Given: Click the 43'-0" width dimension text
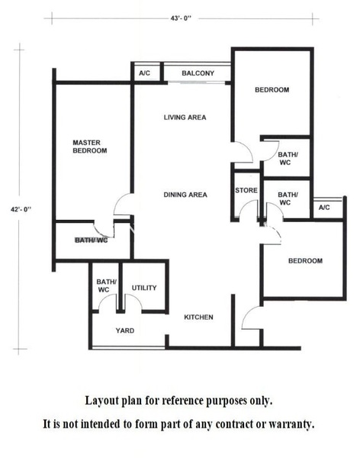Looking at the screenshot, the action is [181, 18].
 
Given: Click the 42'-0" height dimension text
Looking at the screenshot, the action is [21, 209].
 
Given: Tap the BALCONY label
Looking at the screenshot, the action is [198, 73].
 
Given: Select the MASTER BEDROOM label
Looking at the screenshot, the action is [90, 147].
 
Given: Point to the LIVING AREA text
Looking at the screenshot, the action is [185, 118].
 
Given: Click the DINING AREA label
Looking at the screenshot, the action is [185, 195].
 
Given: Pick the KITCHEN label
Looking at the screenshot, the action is [198, 318].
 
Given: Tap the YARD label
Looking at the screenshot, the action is [125, 331].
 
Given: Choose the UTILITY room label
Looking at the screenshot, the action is [144, 288].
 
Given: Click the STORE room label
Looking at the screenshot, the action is [246, 190].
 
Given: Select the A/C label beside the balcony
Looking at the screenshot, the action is [144, 73].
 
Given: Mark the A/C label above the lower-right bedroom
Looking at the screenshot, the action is [324, 208].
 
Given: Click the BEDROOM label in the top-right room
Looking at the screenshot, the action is [272, 89].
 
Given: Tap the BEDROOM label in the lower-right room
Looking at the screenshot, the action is [305, 261].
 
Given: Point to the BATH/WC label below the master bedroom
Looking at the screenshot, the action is [91, 240].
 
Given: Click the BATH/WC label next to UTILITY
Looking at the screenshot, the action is [106, 285].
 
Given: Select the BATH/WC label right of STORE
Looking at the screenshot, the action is [288, 198].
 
